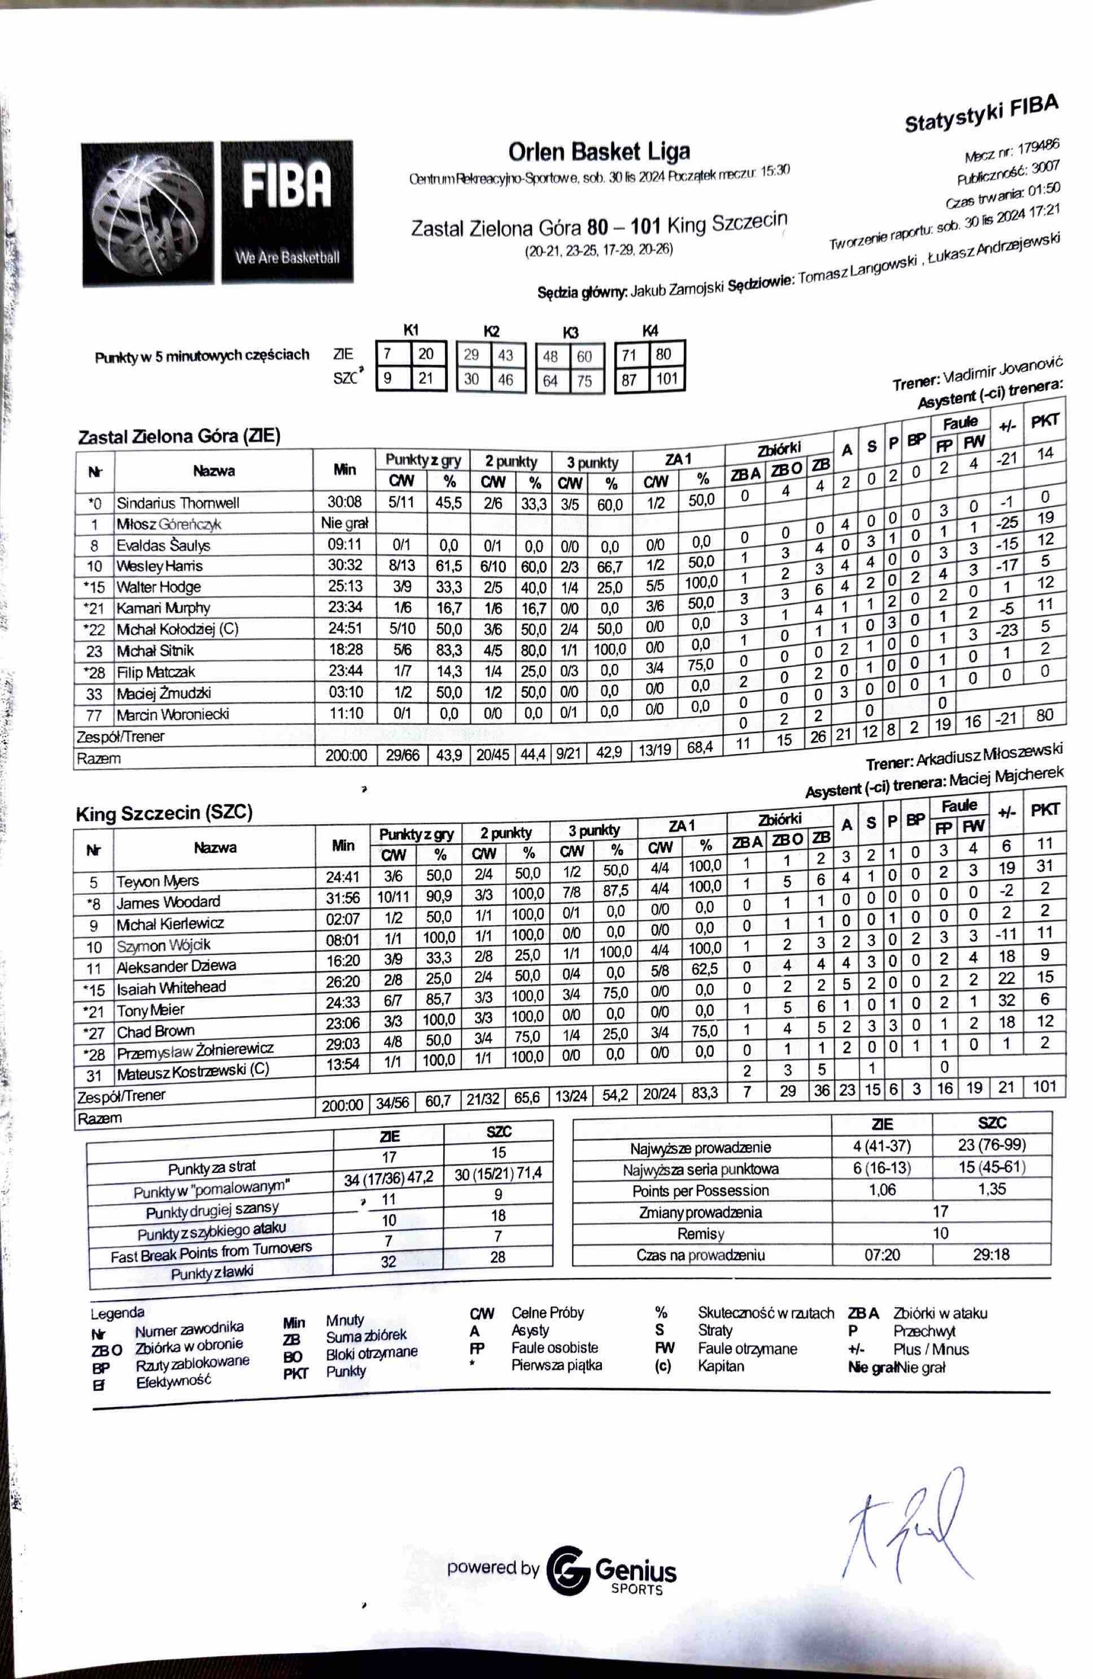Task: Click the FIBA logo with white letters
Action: click(286, 212)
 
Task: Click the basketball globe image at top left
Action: click(147, 214)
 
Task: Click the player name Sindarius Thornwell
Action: click(178, 503)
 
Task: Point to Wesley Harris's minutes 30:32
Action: click(345, 566)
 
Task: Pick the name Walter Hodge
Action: click(159, 587)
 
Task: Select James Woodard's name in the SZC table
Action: click(168, 902)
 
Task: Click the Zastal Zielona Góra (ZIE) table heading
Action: click(179, 437)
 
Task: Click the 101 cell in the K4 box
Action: click(666, 379)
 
